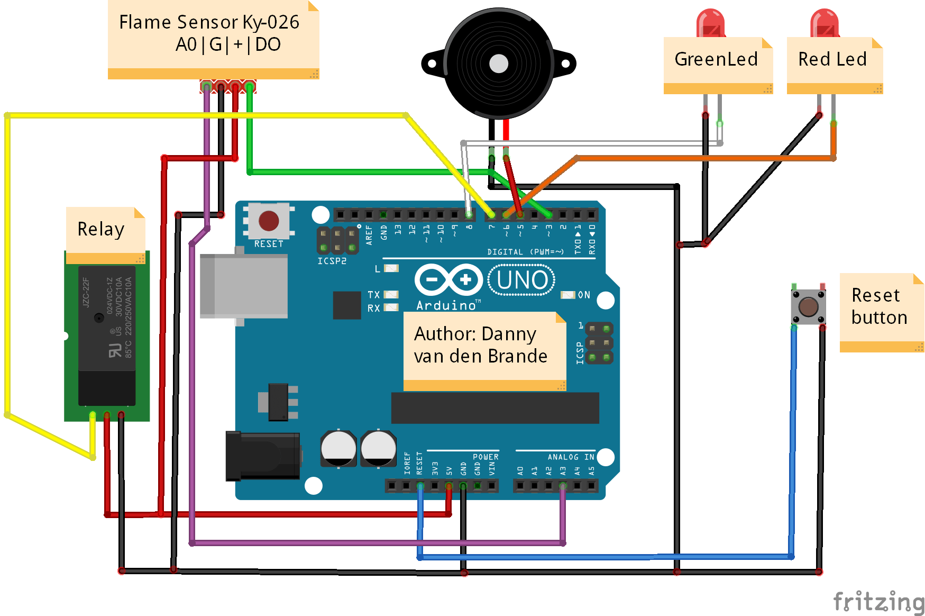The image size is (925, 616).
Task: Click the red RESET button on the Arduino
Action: pyautogui.click(x=269, y=221)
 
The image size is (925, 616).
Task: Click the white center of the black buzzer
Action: pyautogui.click(x=498, y=64)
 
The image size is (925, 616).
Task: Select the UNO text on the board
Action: pyautogui.click(x=522, y=280)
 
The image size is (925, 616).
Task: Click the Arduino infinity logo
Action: pyautogui.click(x=448, y=279)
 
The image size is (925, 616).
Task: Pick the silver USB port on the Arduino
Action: pyautogui.click(x=244, y=286)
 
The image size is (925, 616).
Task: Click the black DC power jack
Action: pyautogui.click(x=263, y=456)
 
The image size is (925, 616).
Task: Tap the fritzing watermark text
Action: pyautogui.click(x=878, y=602)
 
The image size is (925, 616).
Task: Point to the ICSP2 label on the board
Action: pyautogui.click(x=332, y=261)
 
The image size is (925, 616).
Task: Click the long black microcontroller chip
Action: pyautogui.click(x=494, y=408)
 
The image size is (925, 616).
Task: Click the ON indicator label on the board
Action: pyautogui.click(x=583, y=295)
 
